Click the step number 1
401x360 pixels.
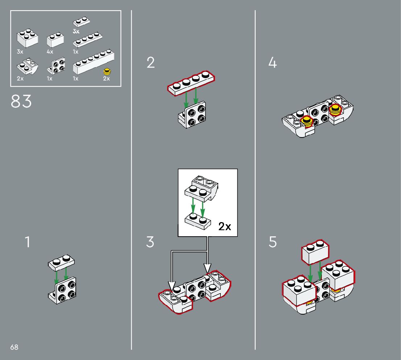click(28, 242)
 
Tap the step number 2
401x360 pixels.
click(150, 62)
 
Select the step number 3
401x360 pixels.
click(150, 242)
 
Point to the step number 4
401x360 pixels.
click(273, 62)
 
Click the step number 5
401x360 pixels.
click(273, 242)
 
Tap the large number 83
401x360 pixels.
click(21, 101)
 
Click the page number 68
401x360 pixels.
click(15, 347)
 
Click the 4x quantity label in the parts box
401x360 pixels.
click(50, 52)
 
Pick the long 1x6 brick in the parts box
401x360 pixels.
click(94, 61)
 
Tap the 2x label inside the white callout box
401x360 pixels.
click(225, 226)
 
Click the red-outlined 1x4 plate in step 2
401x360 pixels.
click(191, 83)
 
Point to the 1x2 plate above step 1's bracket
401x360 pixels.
click(61, 262)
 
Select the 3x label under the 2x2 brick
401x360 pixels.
click(20, 52)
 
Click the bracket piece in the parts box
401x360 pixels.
click(56, 66)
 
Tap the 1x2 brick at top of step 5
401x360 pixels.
click(315, 252)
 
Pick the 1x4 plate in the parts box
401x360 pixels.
click(88, 40)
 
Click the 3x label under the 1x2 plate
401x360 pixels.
click(76, 32)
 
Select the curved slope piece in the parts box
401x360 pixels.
click(28, 66)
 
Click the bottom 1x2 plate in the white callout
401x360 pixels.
click(198, 221)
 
